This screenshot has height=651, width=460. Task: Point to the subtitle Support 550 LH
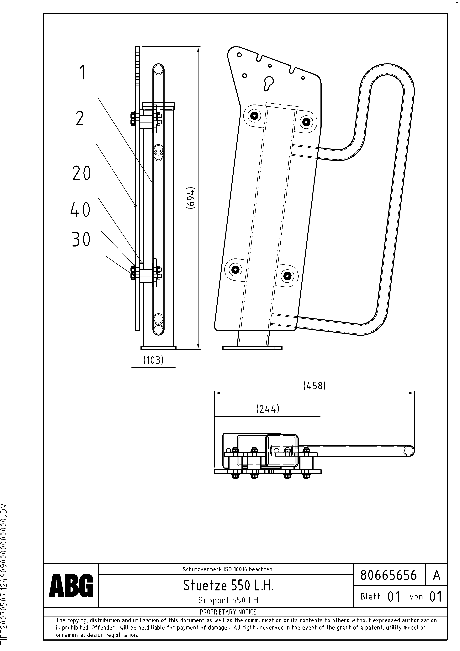pos(228,600)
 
